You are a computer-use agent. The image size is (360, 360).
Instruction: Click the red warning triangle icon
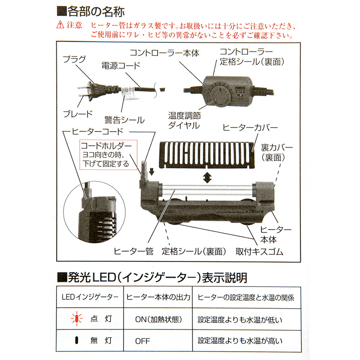60,24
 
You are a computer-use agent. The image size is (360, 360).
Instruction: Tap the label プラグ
75,59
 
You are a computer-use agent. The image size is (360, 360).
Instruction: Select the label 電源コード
121,66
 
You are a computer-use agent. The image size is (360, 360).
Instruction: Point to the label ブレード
78,114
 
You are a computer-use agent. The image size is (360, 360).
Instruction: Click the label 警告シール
125,120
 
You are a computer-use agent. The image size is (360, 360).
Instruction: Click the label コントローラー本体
165,53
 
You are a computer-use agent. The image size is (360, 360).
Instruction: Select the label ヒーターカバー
250,128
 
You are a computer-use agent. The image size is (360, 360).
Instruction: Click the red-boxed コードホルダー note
108,155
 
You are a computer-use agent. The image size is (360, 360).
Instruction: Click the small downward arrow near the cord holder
152,171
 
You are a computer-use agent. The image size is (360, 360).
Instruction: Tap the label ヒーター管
134,251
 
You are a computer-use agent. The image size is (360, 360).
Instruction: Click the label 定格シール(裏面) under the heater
194,252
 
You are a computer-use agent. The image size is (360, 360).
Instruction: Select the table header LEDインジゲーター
90,297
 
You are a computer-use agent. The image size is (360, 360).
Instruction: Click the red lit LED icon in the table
77,319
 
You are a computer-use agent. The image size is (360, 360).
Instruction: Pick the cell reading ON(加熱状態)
158,319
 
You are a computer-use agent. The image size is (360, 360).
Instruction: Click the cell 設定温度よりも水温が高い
240,341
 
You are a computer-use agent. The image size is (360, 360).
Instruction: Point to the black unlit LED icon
77,340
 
